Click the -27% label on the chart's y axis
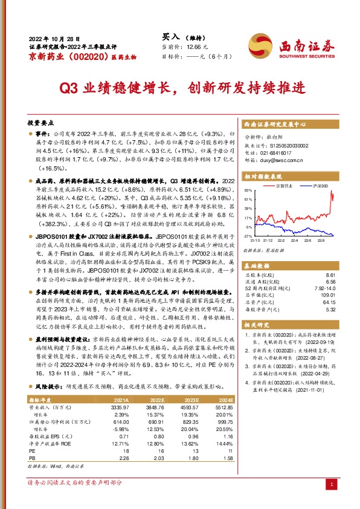[248, 235]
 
